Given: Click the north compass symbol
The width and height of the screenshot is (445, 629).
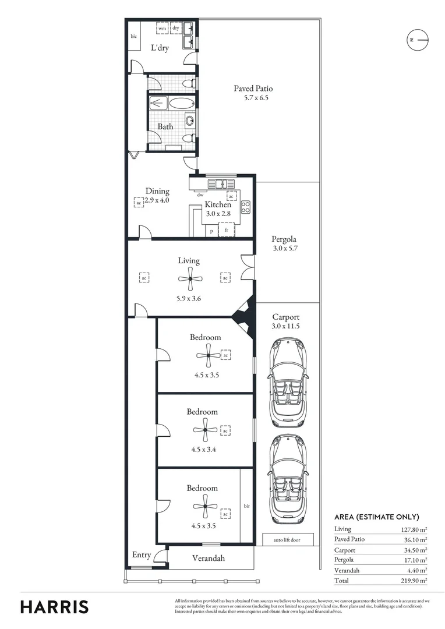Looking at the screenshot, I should (417, 40).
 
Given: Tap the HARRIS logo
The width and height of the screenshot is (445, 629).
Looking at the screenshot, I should (55, 606).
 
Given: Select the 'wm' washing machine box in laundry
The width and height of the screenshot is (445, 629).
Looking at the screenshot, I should (162, 28).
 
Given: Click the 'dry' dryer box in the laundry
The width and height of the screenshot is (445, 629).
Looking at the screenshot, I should (175, 28).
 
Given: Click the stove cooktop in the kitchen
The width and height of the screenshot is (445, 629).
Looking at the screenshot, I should (246, 207).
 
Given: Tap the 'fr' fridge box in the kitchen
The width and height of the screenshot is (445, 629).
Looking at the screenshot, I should (226, 230).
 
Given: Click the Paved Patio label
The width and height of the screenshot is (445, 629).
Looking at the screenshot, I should (253, 89).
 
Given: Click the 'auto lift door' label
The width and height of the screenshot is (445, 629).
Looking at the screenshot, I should (288, 540).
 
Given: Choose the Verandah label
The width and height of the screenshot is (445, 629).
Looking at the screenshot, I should (208, 558).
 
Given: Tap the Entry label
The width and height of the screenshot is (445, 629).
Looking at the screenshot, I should (142, 555).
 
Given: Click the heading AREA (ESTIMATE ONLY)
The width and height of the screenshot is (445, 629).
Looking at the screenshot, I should (376, 517).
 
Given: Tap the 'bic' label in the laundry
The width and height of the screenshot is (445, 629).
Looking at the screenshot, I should (134, 36).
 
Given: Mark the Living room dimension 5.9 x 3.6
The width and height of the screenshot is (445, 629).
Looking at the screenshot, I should (189, 299).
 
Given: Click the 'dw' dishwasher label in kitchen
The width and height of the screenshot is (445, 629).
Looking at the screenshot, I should (200, 195).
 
